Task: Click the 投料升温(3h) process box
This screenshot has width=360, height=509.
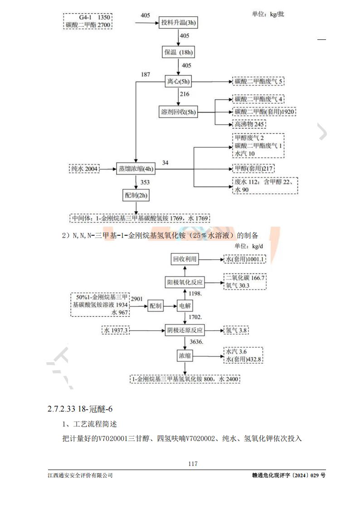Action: click(180, 23)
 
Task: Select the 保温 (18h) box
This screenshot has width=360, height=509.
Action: click(179, 52)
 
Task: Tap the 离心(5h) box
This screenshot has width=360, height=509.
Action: click(179, 82)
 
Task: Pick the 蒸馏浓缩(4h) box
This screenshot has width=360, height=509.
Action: click(136, 169)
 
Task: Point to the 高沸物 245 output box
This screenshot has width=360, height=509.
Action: click(249, 124)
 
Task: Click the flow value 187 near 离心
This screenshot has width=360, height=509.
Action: click(146, 74)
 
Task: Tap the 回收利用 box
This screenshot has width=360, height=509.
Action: click(185, 259)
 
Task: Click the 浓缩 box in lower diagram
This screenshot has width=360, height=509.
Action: click(184, 356)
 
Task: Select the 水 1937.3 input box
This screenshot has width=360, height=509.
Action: click(116, 330)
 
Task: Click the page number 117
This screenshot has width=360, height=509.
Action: click(192, 464)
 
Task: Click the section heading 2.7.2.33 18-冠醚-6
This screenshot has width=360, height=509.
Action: click(79, 409)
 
